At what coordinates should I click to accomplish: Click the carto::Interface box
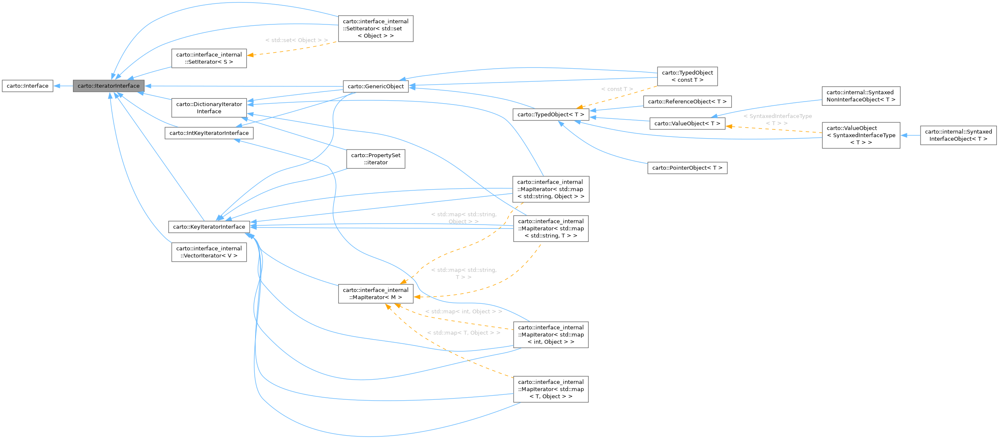pos(27,86)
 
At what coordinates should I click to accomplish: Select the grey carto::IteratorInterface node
pos(108,86)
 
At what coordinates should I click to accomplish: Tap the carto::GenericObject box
pos(375,86)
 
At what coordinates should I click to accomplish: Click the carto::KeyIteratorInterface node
pos(209,227)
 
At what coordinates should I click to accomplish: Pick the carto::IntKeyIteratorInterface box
pos(209,133)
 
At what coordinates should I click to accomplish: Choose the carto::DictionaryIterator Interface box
pos(209,108)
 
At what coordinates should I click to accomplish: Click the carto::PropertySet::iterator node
pos(375,159)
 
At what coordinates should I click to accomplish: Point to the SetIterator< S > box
pos(209,58)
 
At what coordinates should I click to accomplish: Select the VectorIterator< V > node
pos(209,252)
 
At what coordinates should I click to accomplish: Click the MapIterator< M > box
pos(375,294)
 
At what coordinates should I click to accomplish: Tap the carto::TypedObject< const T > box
pos(687,76)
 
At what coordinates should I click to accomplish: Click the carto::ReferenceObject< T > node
pos(687,102)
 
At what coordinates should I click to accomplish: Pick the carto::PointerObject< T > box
pos(687,168)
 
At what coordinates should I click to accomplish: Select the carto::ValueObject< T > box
pos(687,123)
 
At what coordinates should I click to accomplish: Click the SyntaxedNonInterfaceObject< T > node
pos(861,96)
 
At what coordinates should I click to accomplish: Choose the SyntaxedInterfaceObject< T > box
pos(958,135)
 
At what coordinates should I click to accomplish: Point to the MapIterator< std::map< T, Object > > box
pos(550,389)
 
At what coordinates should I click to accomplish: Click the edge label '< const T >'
pos(617,89)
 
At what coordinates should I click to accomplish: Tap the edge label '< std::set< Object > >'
pos(296,40)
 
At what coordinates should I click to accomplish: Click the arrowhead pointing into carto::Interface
pos(57,86)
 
